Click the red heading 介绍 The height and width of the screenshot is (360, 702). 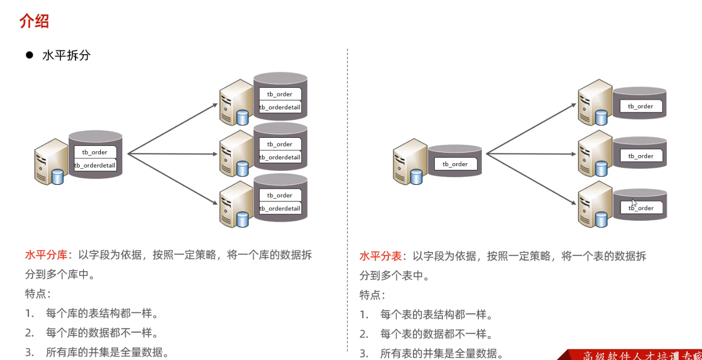(x=34, y=22)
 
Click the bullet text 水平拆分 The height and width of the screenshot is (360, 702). (x=66, y=55)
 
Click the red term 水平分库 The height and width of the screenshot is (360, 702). (x=46, y=255)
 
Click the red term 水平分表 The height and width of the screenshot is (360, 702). (x=381, y=256)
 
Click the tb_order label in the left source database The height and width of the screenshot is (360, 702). (x=95, y=152)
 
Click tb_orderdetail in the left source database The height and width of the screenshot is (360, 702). (x=95, y=166)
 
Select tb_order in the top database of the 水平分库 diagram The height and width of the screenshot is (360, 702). (x=280, y=94)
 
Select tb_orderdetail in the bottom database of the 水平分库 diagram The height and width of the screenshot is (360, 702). (x=280, y=208)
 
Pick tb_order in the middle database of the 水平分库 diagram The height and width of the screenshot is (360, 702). (x=280, y=144)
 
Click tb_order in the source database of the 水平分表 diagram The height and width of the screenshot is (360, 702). (x=455, y=164)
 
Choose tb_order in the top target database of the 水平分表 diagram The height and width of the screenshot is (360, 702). (x=641, y=107)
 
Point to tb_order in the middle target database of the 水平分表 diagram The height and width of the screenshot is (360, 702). (x=641, y=156)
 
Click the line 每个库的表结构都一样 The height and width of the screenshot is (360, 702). (x=102, y=314)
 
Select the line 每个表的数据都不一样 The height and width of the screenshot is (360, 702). (x=436, y=334)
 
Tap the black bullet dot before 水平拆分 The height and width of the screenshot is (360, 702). (x=29, y=55)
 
